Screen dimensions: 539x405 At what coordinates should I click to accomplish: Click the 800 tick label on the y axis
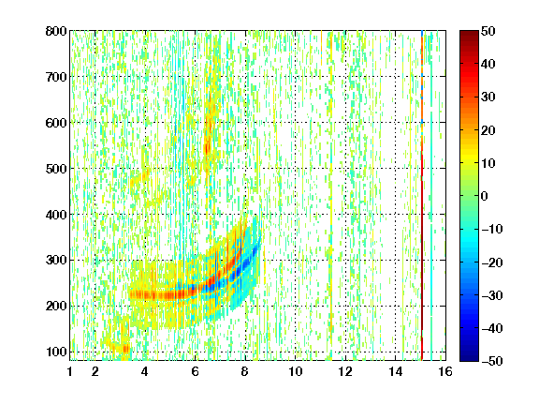pos(56,31)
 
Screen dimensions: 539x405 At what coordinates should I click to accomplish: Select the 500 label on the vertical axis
pos(56,169)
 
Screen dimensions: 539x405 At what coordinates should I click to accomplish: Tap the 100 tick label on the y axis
pos(56,352)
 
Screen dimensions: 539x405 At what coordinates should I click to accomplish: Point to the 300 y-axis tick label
pos(56,261)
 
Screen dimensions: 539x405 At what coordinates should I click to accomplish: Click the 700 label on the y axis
pos(56,77)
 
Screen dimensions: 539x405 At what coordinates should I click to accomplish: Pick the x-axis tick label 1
pos(70,371)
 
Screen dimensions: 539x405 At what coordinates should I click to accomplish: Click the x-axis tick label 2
pos(95,371)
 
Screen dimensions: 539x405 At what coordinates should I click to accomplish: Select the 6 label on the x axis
pos(195,371)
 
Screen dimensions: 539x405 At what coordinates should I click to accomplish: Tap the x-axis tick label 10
pos(296,371)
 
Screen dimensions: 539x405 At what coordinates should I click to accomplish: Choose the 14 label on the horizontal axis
pos(395,371)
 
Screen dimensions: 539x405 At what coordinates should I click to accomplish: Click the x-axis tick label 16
pos(445,371)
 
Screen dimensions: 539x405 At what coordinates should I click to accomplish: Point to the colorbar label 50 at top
pos(488,31)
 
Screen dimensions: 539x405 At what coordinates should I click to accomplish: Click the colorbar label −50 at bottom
pos(492,361)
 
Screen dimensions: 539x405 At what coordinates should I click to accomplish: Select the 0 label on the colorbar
pos(484,196)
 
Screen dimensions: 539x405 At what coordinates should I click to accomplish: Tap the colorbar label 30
pos(488,97)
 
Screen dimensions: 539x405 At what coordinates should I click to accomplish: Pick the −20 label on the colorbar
pos(492,262)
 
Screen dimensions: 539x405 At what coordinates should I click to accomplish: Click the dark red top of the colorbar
pos(469,35)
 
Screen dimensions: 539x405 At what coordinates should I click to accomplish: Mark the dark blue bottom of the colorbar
pos(469,357)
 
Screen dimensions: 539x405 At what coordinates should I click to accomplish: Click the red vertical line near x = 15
pos(422,195)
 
